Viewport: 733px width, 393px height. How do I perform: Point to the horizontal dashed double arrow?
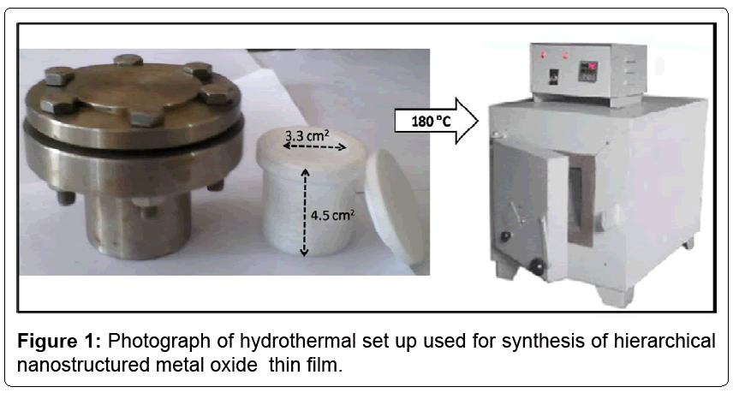[x=314, y=146]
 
